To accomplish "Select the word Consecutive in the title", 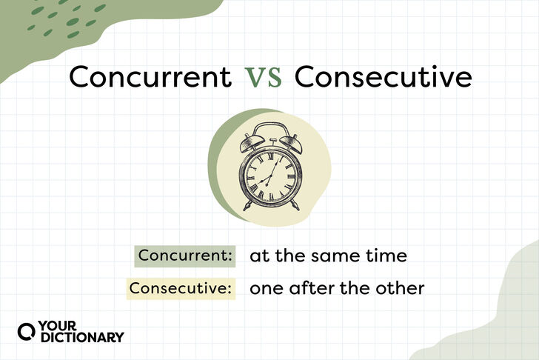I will click(x=383, y=77).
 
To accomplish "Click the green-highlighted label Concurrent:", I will click(x=184, y=256).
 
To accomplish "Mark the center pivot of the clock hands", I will click(x=269, y=179).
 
